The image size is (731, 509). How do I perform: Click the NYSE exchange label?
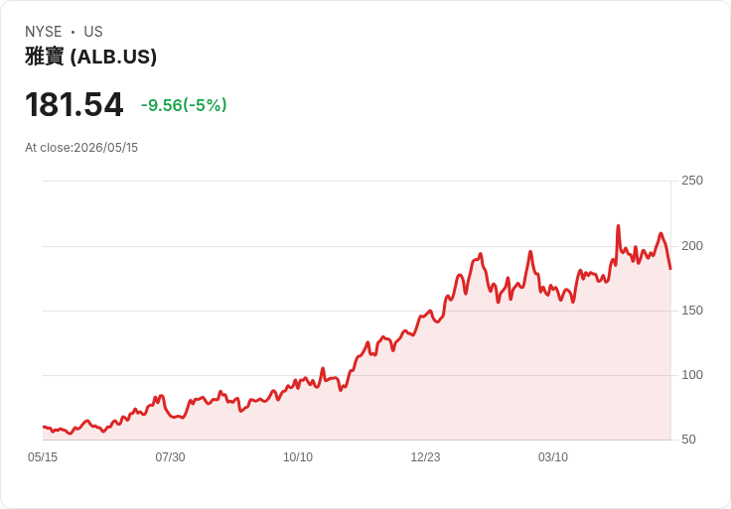click(x=44, y=32)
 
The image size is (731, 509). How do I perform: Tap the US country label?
click(x=93, y=32)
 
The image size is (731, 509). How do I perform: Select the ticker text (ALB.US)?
click(x=113, y=57)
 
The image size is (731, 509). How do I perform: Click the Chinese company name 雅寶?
click(x=45, y=57)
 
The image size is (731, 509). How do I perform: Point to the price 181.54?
click(x=74, y=104)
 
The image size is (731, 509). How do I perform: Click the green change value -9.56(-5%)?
click(x=184, y=105)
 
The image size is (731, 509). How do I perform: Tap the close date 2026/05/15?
click(x=106, y=148)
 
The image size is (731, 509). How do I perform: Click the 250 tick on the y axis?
click(x=692, y=181)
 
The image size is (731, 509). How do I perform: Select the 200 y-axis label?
click(x=692, y=246)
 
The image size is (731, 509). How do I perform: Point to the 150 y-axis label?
click(x=692, y=311)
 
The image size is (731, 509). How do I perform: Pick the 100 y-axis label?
click(x=692, y=375)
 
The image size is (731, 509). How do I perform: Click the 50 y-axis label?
click(x=688, y=440)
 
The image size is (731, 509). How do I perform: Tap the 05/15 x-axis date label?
click(x=43, y=457)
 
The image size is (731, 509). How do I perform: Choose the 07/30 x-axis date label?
click(x=170, y=457)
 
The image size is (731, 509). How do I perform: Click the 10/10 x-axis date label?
click(x=298, y=457)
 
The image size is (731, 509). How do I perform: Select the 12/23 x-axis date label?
click(x=425, y=457)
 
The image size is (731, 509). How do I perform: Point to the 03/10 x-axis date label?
click(x=553, y=457)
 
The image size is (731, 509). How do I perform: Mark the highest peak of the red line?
click(x=618, y=226)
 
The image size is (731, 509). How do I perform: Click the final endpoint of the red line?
click(x=670, y=269)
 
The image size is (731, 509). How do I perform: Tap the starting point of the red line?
click(x=44, y=427)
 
